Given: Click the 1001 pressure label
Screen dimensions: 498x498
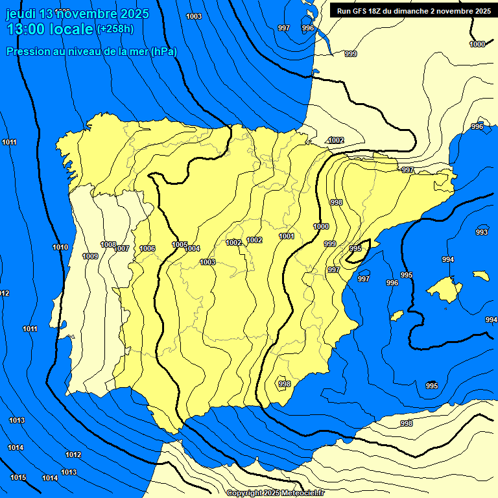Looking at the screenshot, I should pyautogui.click(x=287, y=236).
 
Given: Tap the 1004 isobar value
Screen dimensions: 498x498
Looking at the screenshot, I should pyautogui.click(x=192, y=248).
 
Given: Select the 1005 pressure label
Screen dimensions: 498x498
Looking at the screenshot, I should pyautogui.click(x=180, y=244).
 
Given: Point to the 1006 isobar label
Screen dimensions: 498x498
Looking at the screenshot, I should pyautogui.click(x=147, y=248).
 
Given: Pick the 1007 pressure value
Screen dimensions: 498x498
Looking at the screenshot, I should pyautogui.click(x=122, y=249).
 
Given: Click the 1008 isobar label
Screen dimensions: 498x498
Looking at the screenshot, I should pyautogui.click(x=108, y=244).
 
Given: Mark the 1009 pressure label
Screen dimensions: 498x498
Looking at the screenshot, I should pyautogui.click(x=90, y=256).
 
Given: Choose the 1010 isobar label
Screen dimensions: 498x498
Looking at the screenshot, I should pyautogui.click(x=60, y=247).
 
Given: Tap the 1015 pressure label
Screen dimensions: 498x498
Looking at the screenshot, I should pyautogui.click(x=18, y=477).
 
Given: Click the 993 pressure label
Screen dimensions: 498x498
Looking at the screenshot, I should pyautogui.click(x=482, y=232).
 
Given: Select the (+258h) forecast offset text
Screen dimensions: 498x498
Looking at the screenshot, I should pyautogui.click(x=115, y=29).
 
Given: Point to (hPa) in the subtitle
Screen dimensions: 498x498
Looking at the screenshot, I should pyautogui.click(x=164, y=51).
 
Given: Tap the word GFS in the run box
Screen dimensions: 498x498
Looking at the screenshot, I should pyautogui.click(x=359, y=10).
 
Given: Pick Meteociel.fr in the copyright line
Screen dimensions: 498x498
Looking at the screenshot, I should pyautogui.click(x=303, y=493).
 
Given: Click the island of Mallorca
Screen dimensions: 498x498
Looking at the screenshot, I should pyautogui.click(x=444, y=286).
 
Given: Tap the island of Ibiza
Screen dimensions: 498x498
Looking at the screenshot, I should pyautogui.click(x=396, y=315).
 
